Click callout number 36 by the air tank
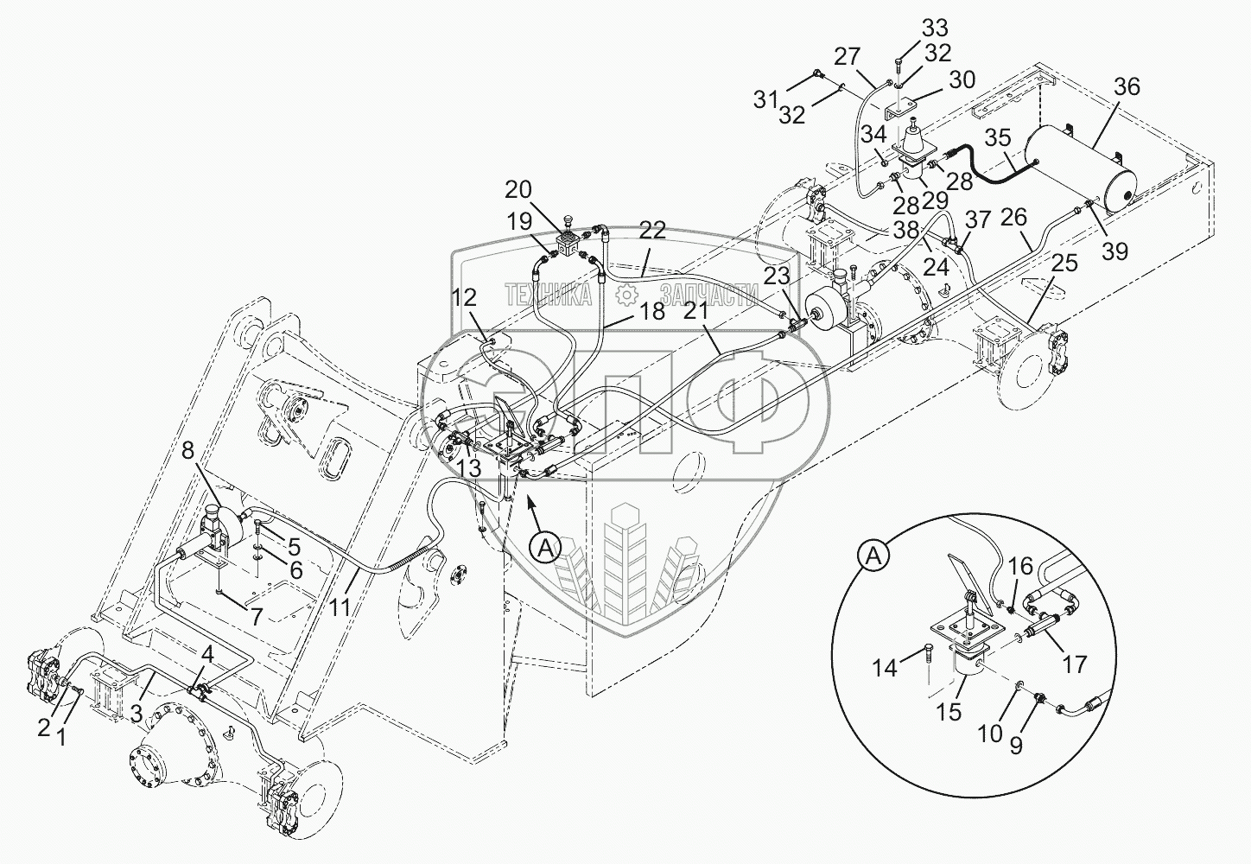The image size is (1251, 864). pos(1127,87)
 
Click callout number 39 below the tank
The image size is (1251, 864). pos(1116,251)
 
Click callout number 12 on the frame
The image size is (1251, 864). pos(465,298)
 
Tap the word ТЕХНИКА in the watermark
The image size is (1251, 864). pos(548,295)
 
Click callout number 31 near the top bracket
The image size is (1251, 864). pos(765,100)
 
